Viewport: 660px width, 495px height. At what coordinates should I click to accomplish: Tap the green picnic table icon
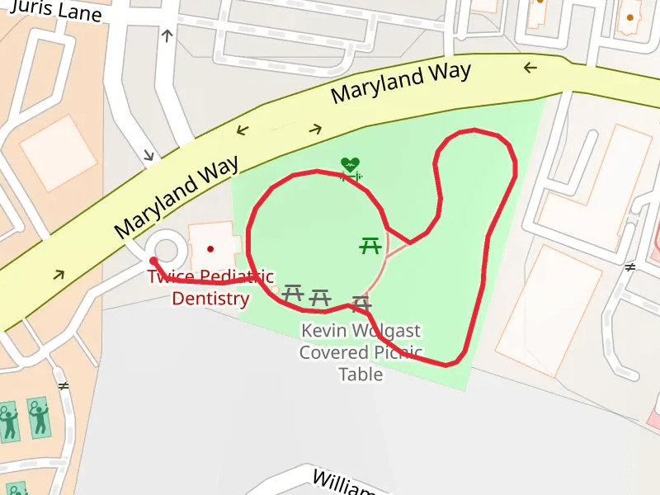[x=370, y=245]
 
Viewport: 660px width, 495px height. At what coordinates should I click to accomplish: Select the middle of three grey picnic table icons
[x=319, y=297]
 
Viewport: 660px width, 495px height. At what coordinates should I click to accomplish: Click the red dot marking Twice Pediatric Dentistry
[x=210, y=248]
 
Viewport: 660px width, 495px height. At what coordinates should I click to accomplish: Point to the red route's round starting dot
[x=153, y=261]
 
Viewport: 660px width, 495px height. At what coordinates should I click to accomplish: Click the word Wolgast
[x=386, y=332]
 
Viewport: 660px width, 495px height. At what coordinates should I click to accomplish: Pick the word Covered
[x=333, y=353]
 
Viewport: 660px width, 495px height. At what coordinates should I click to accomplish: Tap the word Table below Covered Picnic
[x=361, y=375]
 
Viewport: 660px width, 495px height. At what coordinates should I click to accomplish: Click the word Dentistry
[x=210, y=298]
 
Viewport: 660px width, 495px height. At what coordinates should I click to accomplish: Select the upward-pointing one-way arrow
[x=167, y=35]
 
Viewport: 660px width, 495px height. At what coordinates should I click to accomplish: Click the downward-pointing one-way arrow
[x=149, y=154]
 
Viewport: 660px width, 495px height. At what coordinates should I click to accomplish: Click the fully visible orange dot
[x=630, y=17]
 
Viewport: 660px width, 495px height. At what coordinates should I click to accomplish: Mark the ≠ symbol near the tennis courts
[x=64, y=385]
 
